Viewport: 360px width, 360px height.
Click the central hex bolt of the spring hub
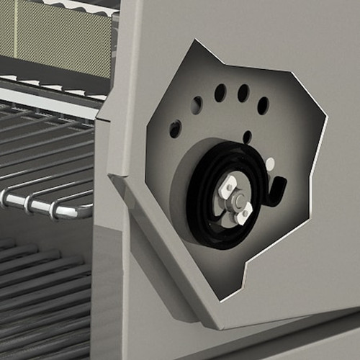point(235,201)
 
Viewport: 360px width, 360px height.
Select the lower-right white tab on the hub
point(245,212)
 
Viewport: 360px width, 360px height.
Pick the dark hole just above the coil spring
point(247,137)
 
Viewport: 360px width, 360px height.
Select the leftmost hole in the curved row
point(175,129)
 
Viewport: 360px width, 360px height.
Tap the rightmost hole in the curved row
point(263,106)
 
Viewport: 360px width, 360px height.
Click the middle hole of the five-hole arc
point(220,93)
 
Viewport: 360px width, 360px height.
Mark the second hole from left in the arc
point(196,106)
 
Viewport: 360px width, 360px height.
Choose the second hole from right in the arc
point(243,93)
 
